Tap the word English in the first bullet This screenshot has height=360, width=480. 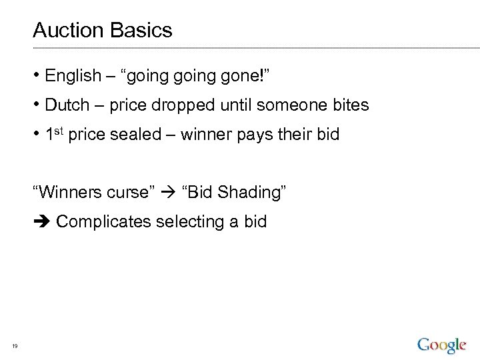tap(73, 76)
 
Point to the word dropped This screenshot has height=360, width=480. tap(189, 105)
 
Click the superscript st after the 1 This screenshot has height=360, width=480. tap(59, 131)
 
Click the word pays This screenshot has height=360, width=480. tap(254, 135)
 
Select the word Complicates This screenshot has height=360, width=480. tap(104, 222)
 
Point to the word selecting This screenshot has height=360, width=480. tap(189, 222)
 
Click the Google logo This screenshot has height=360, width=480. tap(441, 345)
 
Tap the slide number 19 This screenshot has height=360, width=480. tap(15, 345)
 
